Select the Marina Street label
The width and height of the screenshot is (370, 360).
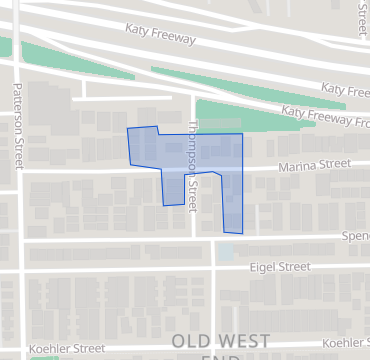pyautogui.click(x=315, y=164)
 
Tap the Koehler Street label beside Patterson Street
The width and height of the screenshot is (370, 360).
pyautogui.click(x=67, y=349)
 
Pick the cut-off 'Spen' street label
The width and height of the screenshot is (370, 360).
pyautogui.click(x=355, y=237)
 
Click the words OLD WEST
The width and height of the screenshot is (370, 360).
pyautogui.click(x=219, y=340)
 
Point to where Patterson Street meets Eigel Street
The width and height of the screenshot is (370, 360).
pyautogui.click(x=19, y=270)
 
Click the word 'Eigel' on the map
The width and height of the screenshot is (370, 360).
pyautogui.click(x=264, y=267)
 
